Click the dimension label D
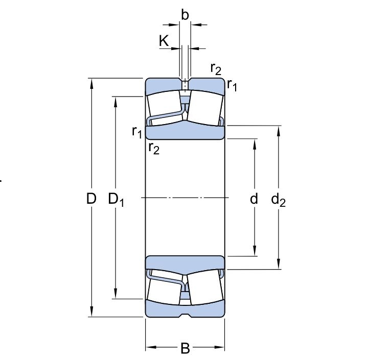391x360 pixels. [x=91, y=199]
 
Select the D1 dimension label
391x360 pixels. [x=117, y=199]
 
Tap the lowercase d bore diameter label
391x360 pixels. [x=254, y=199]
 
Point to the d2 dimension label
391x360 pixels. [x=279, y=200]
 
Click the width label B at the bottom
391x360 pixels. [x=185, y=349]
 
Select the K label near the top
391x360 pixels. [x=164, y=41]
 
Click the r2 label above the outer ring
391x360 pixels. [x=216, y=68]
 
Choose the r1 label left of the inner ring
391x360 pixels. [x=136, y=132]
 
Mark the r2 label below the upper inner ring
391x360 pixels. [x=153, y=149]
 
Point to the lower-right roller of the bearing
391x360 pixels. [x=205, y=289]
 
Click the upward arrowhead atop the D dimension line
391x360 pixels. [x=92, y=83]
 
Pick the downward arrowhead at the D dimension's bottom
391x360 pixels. [x=92, y=312]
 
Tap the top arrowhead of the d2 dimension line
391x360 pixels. [x=279, y=130]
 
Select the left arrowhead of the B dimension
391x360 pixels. [x=150, y=349]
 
